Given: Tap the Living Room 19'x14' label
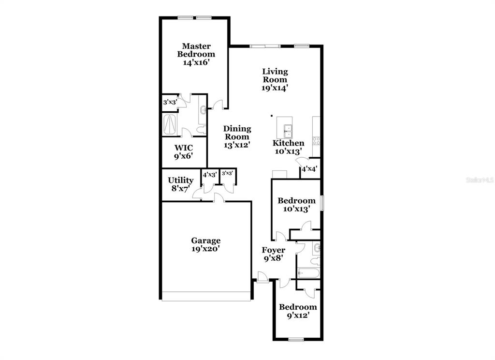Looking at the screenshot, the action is (275, 80).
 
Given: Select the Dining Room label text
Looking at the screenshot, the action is (237, 133).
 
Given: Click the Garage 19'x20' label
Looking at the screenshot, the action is (206, 245).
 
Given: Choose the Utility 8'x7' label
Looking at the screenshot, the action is (181, 184).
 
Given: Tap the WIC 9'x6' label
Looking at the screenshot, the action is (183, 152).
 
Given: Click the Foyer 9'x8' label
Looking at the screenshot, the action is (274, 254).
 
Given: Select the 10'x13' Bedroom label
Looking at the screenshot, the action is (296, 205).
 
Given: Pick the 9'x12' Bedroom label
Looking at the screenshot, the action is (298, 311).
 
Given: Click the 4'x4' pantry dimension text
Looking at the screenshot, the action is (309, 169).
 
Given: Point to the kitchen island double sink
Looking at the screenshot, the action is (288, 131).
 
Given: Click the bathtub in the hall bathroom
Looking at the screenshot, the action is (308, 273).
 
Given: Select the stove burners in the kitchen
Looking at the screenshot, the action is (316, 141).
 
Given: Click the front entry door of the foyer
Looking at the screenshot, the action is (262, 277).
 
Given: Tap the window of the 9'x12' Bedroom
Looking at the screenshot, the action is (296, 340).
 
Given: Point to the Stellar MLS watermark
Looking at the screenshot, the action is (480, 180).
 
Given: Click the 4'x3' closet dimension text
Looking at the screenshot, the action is (210, 175).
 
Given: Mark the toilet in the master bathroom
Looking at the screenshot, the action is (201, 130).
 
